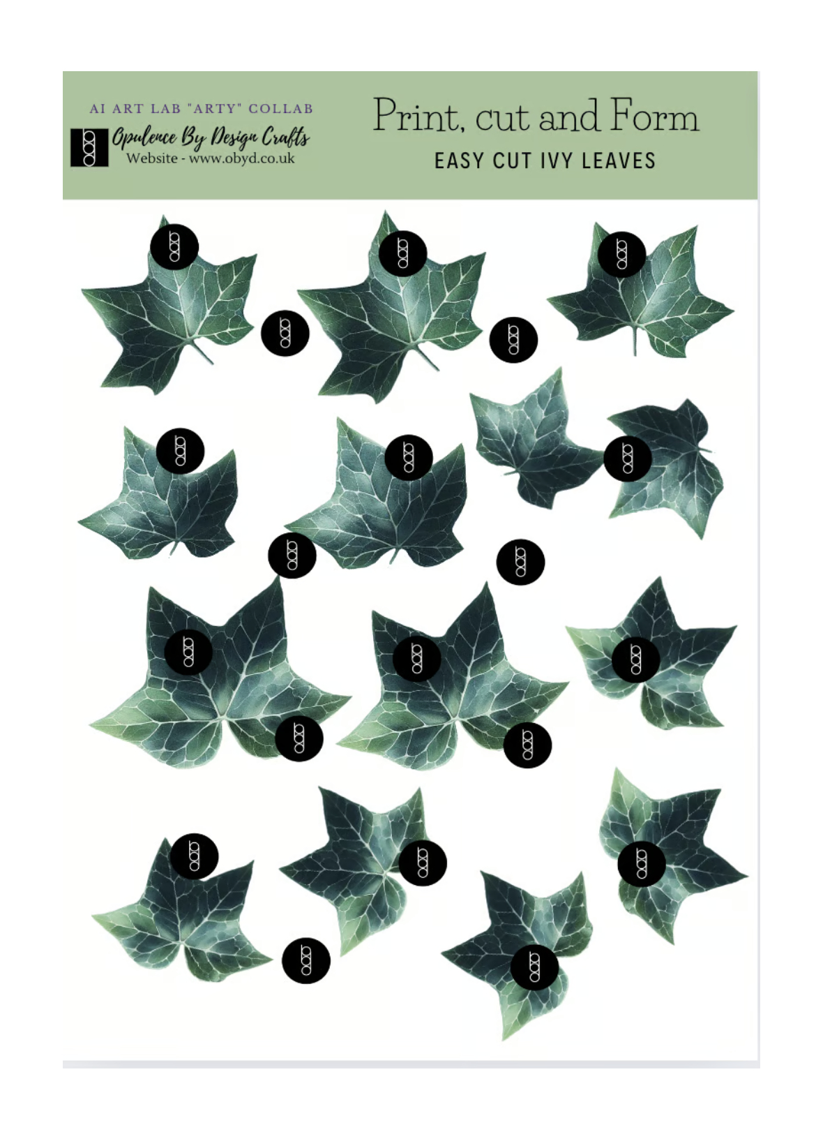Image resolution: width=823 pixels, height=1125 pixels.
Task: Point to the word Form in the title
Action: (x=654, y=116)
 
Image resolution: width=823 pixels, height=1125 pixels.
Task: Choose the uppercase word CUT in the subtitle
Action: (x=512, y=161)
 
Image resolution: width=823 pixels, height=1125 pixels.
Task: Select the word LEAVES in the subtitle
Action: (x=619, y=161)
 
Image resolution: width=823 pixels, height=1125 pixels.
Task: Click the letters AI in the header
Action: (x=98, y=109)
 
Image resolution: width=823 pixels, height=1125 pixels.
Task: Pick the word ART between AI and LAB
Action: (x=128, y=109)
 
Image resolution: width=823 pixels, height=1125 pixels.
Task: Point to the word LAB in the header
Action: (x=165, y=109)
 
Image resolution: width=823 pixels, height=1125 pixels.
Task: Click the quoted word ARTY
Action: (x=215, y=109)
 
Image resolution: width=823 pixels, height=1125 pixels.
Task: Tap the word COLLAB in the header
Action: (x=281, y=109)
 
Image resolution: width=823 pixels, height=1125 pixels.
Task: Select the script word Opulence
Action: (x=144, y=137)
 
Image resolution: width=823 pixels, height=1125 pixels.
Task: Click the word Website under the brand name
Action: (x=151, y=158)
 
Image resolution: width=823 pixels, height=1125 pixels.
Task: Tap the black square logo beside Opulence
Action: (x=89, y=147)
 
